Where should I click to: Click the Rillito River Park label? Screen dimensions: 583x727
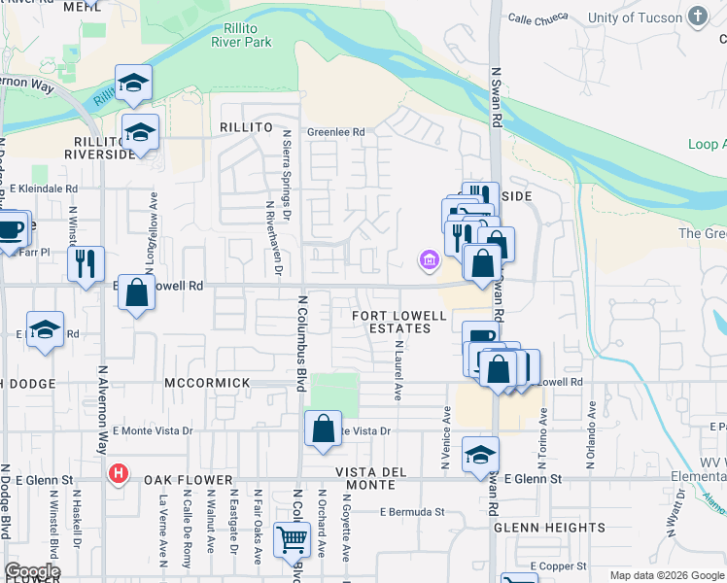coord(241,35)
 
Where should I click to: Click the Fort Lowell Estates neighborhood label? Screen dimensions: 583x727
coord(399,322)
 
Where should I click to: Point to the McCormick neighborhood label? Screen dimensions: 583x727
coord(208,383)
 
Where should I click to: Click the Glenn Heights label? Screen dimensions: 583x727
coord(549,528)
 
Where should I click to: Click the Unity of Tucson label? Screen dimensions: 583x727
coord(638,18)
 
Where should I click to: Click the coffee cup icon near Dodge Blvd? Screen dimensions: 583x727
coord(11,230)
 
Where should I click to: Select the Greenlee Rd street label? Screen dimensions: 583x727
coord(335,132)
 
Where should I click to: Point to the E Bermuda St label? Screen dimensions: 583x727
coord(412,511)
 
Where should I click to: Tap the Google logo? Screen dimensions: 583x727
coord(32,571)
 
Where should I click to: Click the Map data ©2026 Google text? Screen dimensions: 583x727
coord(666,575)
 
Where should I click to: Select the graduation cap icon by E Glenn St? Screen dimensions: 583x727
coord(479,455)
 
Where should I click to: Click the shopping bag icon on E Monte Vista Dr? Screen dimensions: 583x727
coord(323,429)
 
